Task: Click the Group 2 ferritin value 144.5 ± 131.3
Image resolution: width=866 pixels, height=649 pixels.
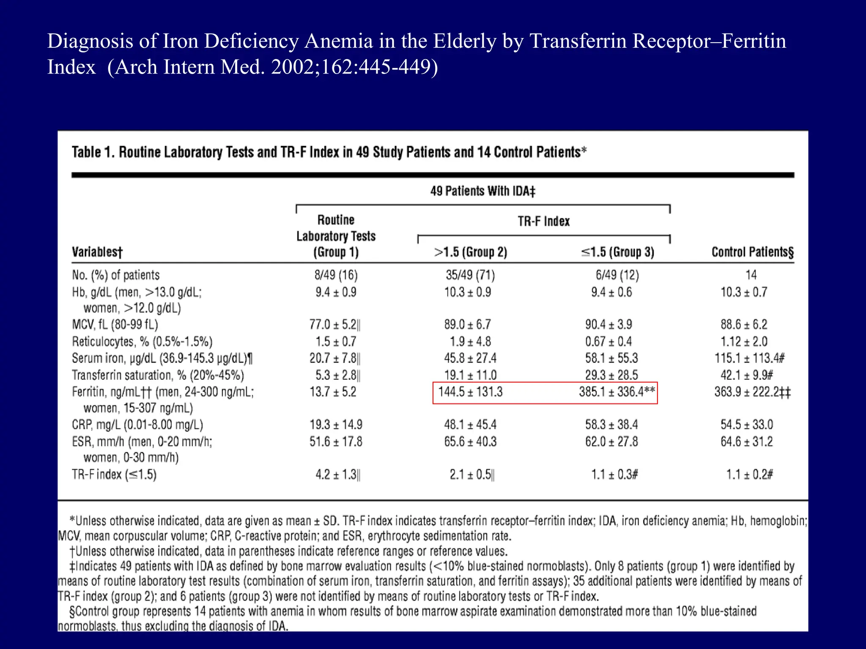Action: coord(470,392)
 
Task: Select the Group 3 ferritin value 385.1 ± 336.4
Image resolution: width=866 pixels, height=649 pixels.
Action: coord(617,392)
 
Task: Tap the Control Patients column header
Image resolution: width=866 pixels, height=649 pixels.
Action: coord(752,252)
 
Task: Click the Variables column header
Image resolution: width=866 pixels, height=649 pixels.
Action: coord(97,252)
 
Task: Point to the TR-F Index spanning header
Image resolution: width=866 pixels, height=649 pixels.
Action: coord(544,221)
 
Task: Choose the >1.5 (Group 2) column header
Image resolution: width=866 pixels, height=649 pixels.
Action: coord(471,252)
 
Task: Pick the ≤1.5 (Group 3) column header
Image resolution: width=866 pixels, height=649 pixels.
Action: coord(617,252)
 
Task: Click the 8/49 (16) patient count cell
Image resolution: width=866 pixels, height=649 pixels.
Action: coord(336,275)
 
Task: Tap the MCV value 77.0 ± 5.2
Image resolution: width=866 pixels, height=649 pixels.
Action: coord(334,324)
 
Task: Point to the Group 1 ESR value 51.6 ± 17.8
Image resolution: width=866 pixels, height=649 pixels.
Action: coord(336,442)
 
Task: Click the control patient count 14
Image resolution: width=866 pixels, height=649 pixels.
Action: coord(751,275)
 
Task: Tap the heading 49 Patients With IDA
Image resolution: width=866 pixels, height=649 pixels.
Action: coord(482,191)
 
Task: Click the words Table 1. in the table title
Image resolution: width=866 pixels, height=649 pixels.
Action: coord(93,152)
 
